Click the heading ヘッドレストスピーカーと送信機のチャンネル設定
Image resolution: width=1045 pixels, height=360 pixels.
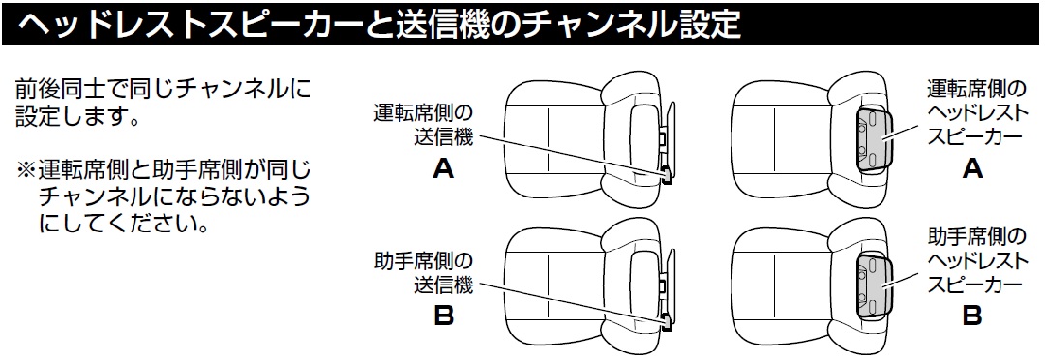click(380, 24)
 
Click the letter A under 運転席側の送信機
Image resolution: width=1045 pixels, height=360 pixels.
click(443, 169)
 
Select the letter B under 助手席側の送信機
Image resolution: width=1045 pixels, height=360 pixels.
click(443, 315)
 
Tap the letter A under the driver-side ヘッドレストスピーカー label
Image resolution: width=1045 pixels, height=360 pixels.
click(973, 169)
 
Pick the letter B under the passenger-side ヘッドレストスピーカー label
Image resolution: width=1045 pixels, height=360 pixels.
click(973, 315)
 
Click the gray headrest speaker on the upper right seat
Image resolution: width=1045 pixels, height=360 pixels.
click(878, 138)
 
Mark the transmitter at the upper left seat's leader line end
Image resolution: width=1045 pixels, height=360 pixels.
click(666, 174)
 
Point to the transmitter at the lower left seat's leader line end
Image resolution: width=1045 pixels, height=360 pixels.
click(666, 321)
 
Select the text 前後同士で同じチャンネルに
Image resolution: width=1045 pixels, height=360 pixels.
click(163, 91)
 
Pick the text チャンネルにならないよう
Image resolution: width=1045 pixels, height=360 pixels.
click(174, 196)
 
